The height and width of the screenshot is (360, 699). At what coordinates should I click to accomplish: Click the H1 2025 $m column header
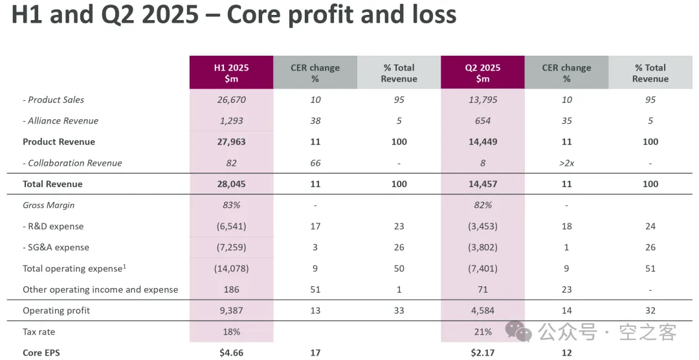click(231, 73)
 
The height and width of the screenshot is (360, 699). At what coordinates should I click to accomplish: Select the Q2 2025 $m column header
click(482, 73)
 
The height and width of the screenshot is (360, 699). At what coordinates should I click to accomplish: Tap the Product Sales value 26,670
click(231, 100)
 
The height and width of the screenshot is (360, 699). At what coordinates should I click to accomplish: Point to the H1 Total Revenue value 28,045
click(231, 184)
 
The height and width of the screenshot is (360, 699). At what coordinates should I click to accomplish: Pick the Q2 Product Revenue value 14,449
click(482, 142)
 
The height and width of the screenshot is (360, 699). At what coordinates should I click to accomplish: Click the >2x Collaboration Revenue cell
click(566, 163)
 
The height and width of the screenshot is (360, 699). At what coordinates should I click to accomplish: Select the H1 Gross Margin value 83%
click(231, 205)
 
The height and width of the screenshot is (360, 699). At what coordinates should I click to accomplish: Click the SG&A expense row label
click(56, 247)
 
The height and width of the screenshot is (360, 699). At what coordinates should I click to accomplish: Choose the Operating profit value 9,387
click(231, 311)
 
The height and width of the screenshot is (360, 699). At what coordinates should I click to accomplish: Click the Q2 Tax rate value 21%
click(482, 332)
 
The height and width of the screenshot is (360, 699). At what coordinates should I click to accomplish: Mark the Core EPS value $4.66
click(231, 353)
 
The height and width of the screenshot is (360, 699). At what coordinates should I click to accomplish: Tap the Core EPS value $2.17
click(482, 353)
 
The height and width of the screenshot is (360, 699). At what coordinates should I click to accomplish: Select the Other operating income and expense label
click(100, 289)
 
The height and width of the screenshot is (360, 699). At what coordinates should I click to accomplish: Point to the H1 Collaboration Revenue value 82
click(231, 163)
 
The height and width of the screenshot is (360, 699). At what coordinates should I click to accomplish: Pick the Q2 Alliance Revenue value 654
click(482, 121)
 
